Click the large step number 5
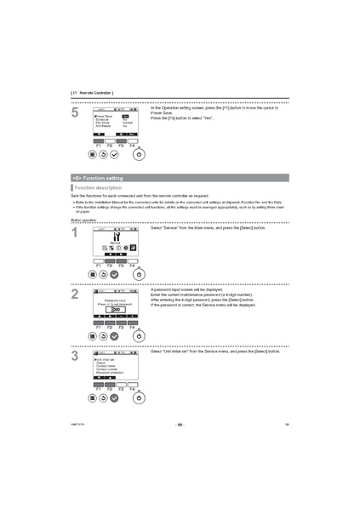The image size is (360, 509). [75, 113]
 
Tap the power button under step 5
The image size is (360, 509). [140, 157]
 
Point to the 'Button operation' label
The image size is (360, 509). [83, 220]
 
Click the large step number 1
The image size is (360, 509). [75, 233]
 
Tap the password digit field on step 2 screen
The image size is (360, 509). [115, 309]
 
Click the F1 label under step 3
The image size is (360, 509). [98, 388]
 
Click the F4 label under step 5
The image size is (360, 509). [132, 146]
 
